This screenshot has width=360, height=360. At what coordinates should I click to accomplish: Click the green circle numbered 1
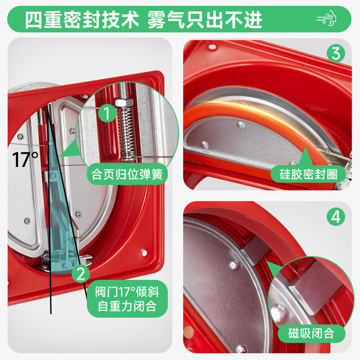coord(107,112)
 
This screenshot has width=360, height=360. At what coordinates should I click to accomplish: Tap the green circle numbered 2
coord(80,274)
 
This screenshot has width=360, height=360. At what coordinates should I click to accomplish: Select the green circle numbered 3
coord(336,53)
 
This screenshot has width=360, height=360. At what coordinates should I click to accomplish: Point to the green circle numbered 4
coord(336,217)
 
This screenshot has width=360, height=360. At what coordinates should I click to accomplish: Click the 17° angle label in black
coord(25,160)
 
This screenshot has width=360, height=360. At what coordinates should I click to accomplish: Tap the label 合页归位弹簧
coord(127,174)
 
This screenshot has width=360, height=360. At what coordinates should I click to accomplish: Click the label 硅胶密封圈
coord(308,174)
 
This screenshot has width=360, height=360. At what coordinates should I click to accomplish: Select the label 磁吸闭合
coord(312,333)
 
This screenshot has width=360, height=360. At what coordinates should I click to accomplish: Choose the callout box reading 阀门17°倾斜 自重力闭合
coord(127,299)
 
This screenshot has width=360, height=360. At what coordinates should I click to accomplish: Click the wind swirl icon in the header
coord(326,19)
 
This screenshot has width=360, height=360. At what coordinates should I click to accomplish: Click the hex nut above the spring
coord(124,102)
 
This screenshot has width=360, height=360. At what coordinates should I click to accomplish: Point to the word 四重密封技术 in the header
coord(82,20)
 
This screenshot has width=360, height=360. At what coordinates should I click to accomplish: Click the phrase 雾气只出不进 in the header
coord(205,20)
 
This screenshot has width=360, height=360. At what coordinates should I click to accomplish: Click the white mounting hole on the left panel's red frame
coord(145,253)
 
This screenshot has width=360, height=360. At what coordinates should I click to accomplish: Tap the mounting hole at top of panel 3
coord(213,47)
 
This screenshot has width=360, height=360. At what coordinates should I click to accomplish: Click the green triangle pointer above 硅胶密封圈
coord(305,157)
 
